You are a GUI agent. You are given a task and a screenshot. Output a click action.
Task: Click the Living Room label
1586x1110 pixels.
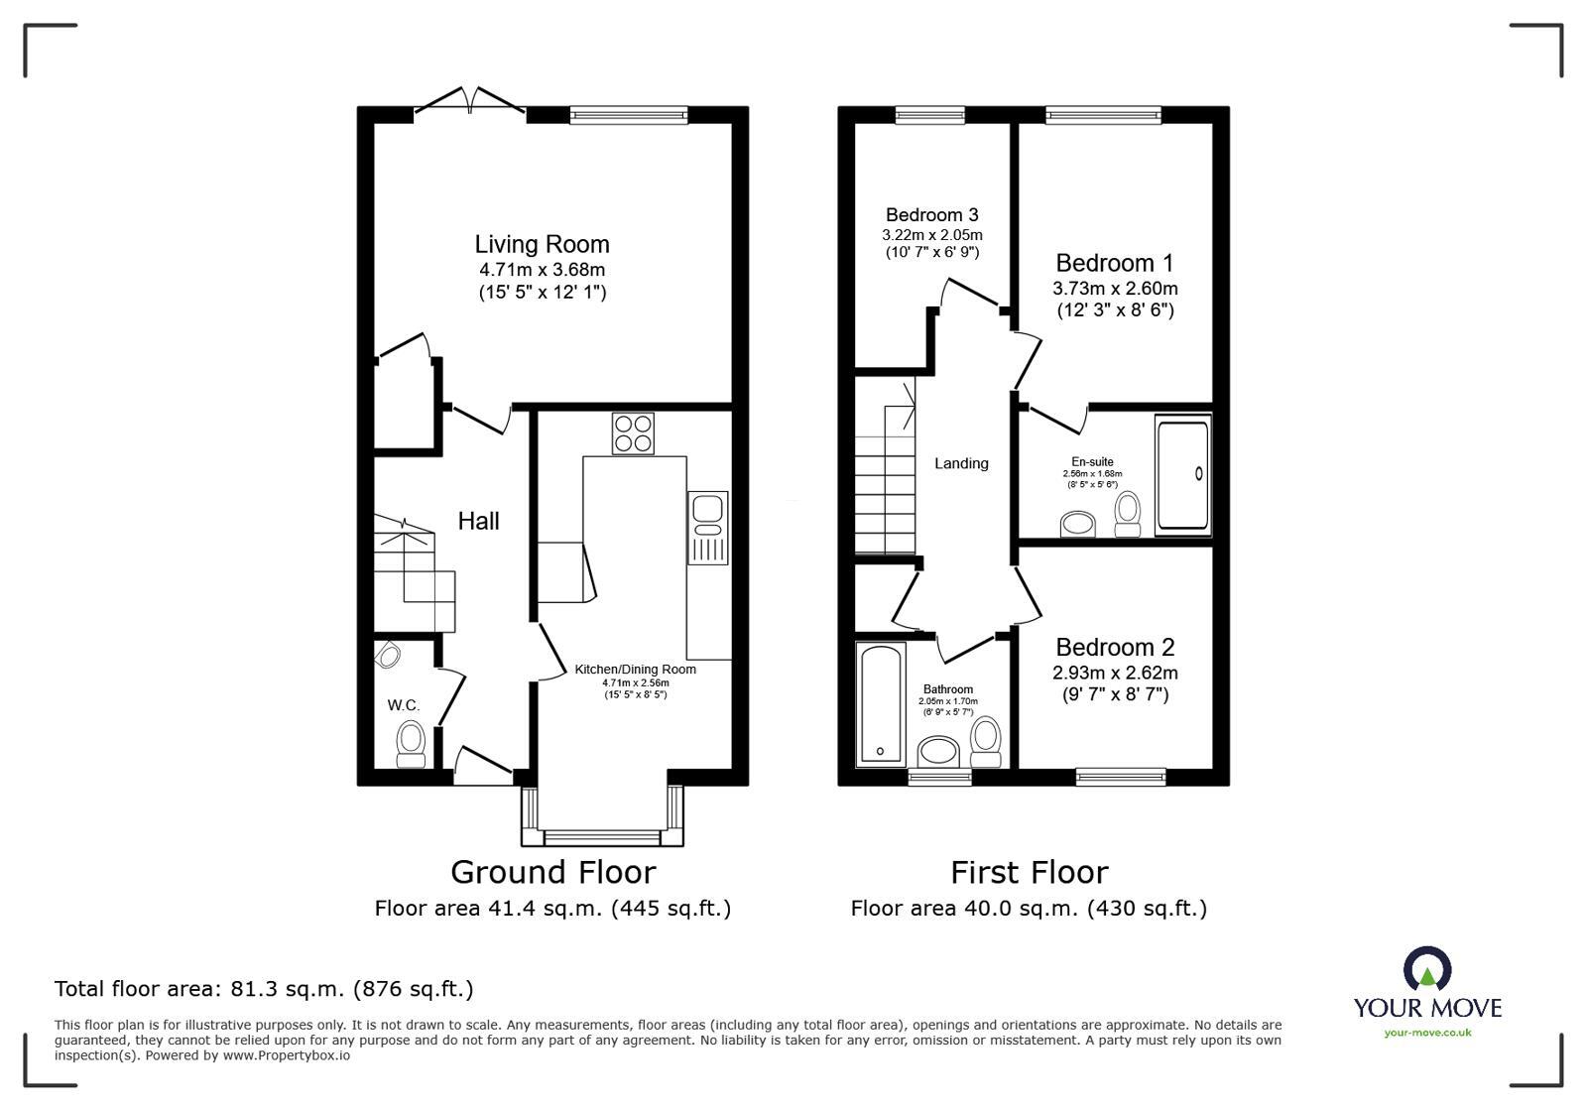tap(542, 244)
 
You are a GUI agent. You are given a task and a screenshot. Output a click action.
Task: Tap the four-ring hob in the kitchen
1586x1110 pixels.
tap(633, 433)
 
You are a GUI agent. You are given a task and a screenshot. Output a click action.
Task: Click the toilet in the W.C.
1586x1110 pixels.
tap(411, 743)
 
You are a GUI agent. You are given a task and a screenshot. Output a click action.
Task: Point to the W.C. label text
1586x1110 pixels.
tap(404, 705)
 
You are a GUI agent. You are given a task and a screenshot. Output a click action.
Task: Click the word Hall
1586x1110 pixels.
tap(478, 521)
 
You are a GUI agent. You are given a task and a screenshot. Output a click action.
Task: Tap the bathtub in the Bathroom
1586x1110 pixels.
tap(880, 703)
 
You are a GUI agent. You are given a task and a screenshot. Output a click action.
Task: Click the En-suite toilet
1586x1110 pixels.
tap(1127, 514)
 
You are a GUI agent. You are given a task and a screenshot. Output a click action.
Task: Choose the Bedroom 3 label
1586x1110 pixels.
tap(931, 215)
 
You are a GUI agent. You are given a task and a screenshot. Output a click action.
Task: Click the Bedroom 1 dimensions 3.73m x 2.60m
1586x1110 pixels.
tap(1115, 289)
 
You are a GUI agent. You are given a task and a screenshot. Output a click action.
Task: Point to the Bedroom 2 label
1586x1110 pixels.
tap(1115, 648)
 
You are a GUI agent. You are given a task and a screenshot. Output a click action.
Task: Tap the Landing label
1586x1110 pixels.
tap(961, 463)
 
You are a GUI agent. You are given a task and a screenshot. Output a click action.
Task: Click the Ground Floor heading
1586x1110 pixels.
tap(552, 872)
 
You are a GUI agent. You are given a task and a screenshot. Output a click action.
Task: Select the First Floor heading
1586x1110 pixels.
tap(1029, 872)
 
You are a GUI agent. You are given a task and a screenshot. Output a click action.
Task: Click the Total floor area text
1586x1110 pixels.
tap(264, 989)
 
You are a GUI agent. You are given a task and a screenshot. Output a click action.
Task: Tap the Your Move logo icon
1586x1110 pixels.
tap(1427, 969)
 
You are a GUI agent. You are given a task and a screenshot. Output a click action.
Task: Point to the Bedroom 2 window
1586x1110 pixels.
tap(1121, 776)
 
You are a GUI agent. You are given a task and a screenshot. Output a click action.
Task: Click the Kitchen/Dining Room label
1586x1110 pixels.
tap(635, 670)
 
